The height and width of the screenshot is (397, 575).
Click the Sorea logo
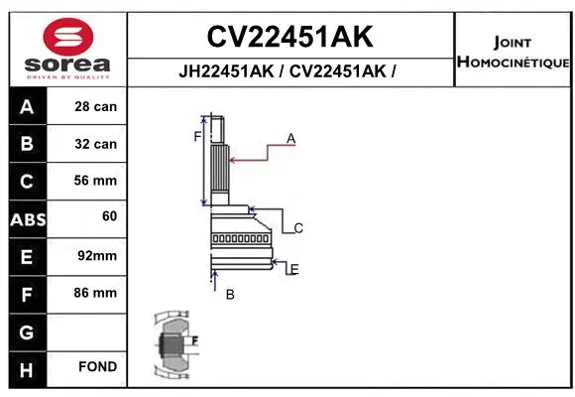(x=66, y=48)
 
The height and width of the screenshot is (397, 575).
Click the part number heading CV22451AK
(x=289, y=37)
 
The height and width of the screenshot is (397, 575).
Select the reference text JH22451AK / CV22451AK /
(x=289, y=71)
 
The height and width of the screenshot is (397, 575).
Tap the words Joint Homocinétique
(x=513, y=53)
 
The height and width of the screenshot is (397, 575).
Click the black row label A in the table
(x=27, y=106)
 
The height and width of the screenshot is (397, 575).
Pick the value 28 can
(x=96, y=106)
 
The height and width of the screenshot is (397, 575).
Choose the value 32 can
(x=96, y=144)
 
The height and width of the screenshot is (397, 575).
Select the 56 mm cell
(x=96, y=181)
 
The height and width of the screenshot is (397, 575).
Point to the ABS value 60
(x=109, y=215)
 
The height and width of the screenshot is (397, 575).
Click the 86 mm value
(x=96, y=293)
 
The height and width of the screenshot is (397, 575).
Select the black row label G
(x=27, y=331)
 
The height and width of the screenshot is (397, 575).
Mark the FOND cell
(x=98, y=367)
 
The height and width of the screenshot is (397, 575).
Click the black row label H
(x=27, y=368)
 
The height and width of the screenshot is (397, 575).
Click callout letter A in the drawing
(x=291, y=139)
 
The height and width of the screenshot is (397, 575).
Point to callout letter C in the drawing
(x=297, y=228)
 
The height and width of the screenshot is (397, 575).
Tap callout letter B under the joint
(x=230, y=294)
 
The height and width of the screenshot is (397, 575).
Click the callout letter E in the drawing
(x=294, y=269)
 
